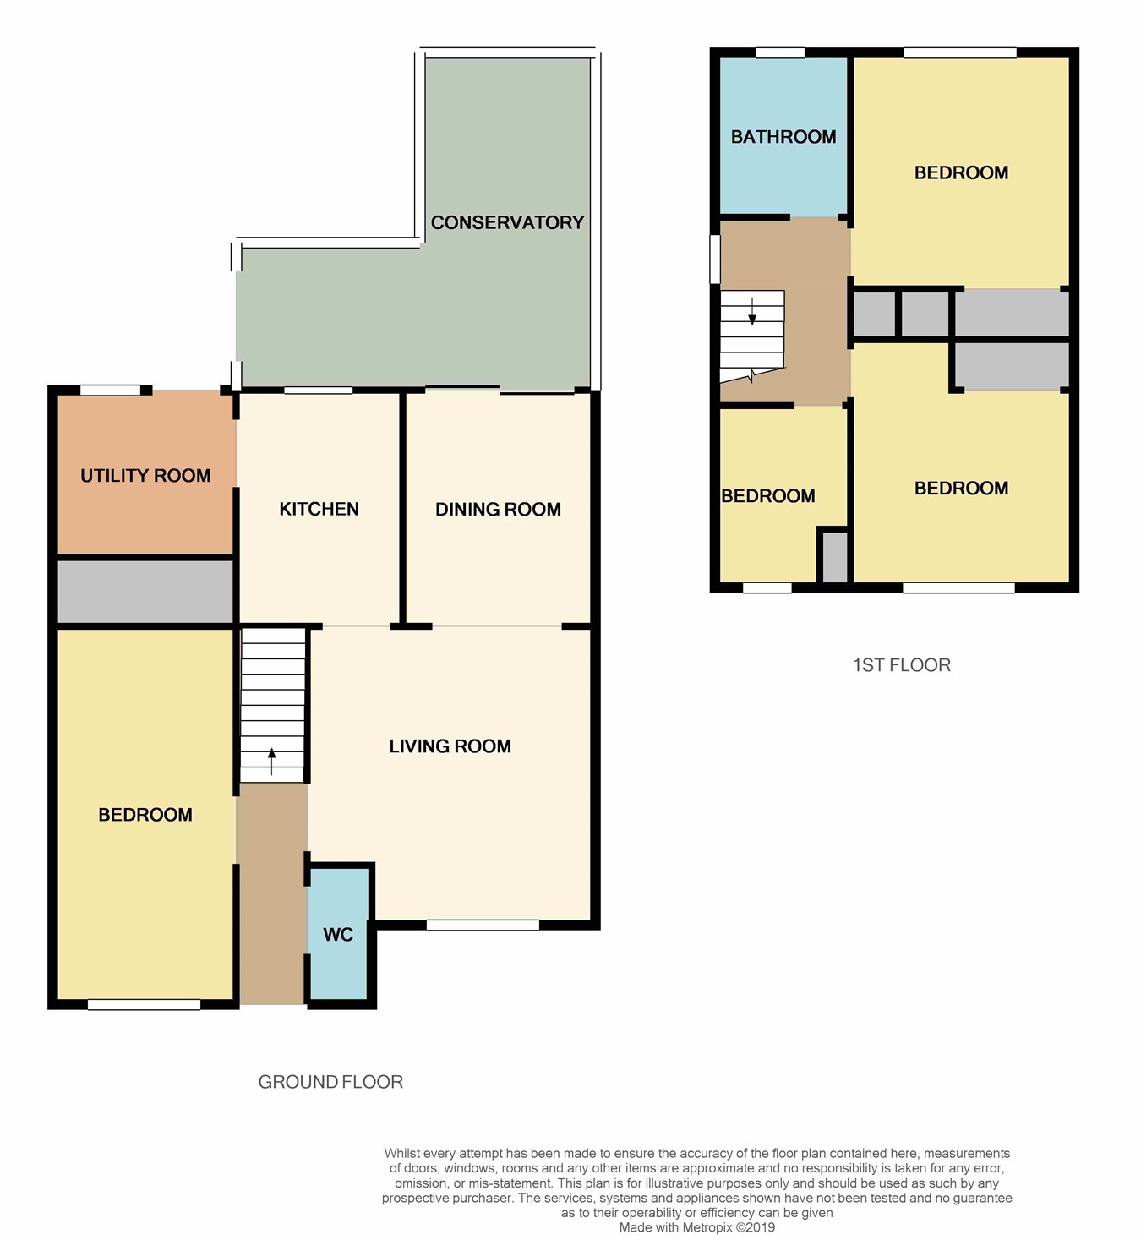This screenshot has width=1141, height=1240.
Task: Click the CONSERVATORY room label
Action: (507, 222)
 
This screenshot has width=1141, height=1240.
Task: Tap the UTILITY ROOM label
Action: (145, 475)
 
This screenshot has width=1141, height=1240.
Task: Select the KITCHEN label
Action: (319, 509)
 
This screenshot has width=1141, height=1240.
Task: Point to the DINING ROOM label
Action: (498, 510)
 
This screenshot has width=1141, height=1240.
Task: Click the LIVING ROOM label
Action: (450, 746)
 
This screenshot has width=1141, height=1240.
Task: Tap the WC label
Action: (338, 935)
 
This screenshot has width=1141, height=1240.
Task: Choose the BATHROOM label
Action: (783, 137)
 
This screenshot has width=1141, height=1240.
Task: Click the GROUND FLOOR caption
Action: (330, 1082)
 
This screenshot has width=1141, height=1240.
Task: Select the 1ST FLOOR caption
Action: (902, 665)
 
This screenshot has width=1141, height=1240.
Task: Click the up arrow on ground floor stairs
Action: (271, 761)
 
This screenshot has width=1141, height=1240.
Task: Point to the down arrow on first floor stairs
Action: (752, 311)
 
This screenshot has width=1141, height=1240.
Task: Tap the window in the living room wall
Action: (483, 925)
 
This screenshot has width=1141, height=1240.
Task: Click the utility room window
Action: (111, 390)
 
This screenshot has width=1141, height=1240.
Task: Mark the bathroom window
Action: (780, 52)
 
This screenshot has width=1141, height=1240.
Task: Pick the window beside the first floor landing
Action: (714, 259)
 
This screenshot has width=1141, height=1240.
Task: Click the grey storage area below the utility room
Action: (145, 592)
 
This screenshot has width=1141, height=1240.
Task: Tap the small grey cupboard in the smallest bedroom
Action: (835, 557)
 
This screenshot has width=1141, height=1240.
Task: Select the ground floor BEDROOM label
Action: (145, 815)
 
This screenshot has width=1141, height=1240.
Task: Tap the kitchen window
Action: (319, 390)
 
